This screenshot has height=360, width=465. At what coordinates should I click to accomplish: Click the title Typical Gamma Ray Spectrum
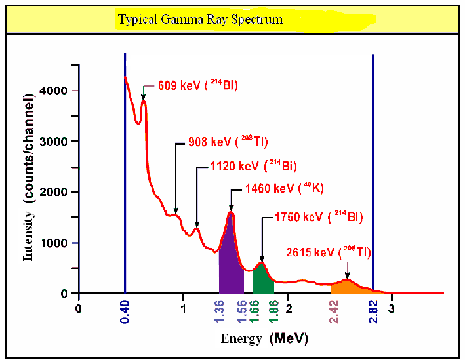200,19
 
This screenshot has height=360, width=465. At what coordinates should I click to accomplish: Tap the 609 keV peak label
198,85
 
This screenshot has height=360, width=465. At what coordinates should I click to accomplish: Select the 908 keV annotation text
228,141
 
